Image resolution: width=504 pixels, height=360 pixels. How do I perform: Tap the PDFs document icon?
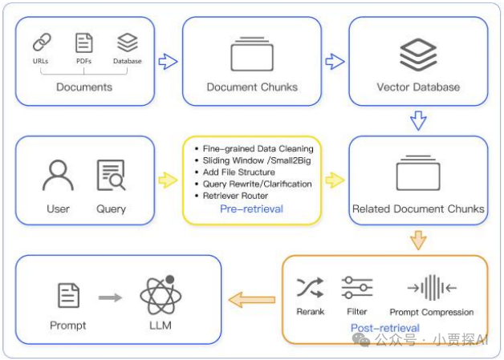(84, 42)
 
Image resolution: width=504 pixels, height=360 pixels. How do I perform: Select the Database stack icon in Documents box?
(127, 41)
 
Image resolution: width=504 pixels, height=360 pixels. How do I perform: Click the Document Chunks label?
(252, 87)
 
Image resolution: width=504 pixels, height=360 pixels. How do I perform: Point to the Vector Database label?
(418, 87)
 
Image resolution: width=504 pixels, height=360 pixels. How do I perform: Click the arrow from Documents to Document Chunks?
(168, 61)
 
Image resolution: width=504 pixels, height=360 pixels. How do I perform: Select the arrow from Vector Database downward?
(418, 121)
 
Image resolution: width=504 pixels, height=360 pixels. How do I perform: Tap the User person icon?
(58, 176)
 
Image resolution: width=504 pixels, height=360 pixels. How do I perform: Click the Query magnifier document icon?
(111, 176)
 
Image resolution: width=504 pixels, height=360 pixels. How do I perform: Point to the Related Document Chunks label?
(418, 209)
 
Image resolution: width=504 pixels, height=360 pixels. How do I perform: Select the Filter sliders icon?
(356, 287)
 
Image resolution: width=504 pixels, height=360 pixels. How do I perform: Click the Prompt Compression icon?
(431, 287)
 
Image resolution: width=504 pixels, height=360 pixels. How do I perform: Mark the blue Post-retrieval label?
(384, 328)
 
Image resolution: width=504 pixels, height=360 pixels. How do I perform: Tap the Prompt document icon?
(68, 297)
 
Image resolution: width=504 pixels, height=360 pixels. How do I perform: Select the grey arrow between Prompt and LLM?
(111, 297)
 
